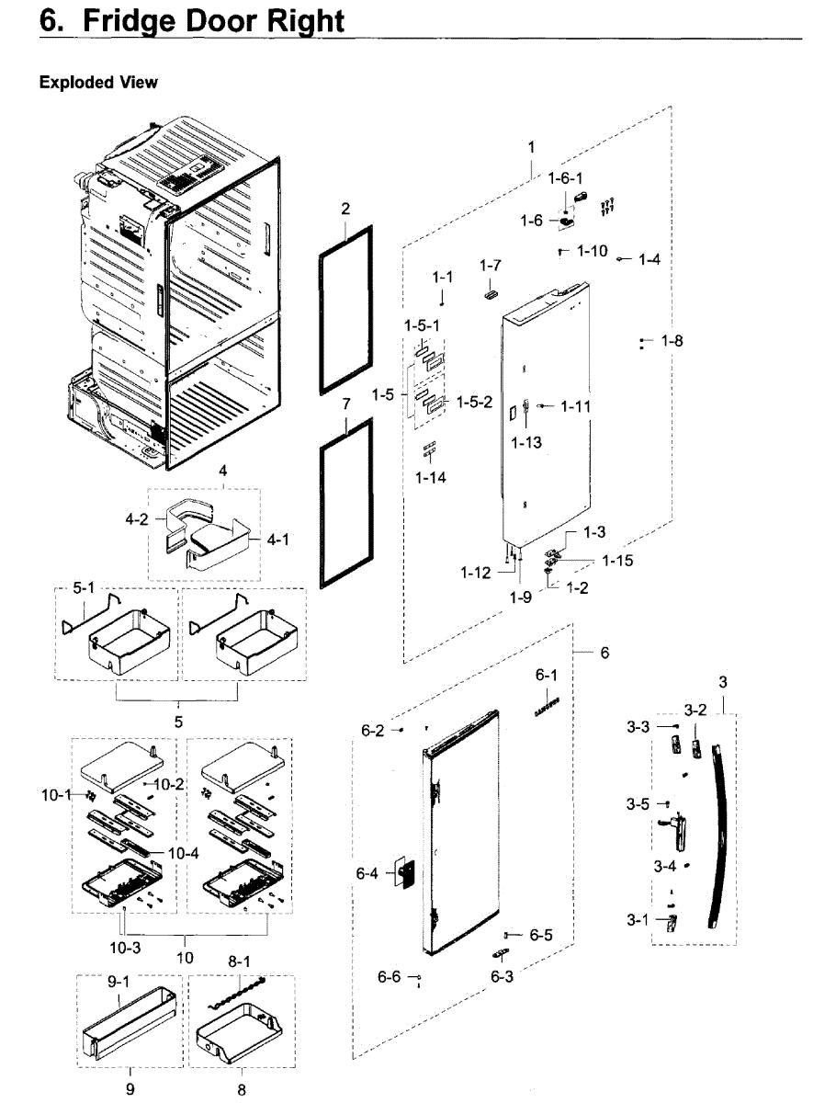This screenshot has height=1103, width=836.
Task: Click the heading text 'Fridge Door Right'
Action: (213, 21)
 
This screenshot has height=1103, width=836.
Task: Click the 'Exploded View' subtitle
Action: (98, 83)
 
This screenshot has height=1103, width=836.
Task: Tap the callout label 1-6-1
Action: (566, 177)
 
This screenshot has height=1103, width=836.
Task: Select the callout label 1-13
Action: (526, 442)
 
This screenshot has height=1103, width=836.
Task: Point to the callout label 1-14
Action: (430, 478)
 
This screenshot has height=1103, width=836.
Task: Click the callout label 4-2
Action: (137, 518)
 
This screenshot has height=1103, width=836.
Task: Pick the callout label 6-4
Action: (367, 873)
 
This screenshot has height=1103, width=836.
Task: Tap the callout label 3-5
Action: (638, 804)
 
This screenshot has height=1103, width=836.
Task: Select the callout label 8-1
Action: (240, 960)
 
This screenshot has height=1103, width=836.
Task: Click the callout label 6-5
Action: (541, 935)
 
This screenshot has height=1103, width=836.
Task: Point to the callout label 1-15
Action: (617, 560)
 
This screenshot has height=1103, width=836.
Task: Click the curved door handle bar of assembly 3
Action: (723, 827)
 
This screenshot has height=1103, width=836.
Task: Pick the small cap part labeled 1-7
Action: (490, 292)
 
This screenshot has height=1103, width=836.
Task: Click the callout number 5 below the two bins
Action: (178, 722)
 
